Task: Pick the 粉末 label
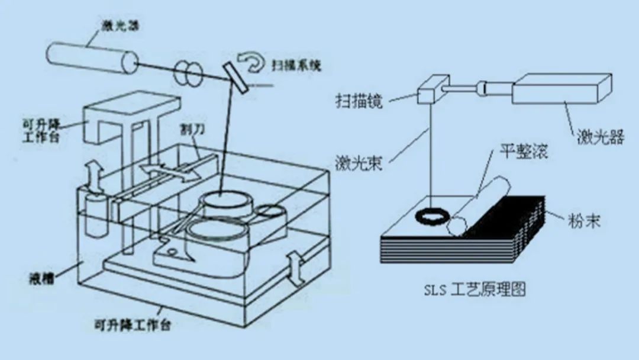(583, 221)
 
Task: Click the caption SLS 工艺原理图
(474, 290)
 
